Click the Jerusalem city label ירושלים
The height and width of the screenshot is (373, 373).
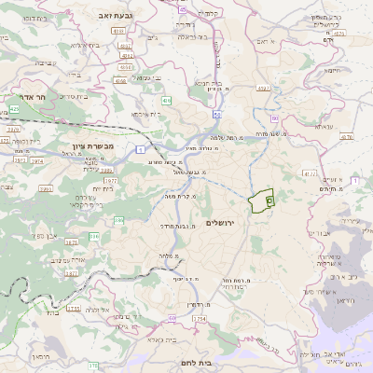click(246, 224)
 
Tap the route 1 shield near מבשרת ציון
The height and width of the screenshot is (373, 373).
click(141, 149)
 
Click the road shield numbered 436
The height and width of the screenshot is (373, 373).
click(167, 98)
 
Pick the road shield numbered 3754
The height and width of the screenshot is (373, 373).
click(199, 319)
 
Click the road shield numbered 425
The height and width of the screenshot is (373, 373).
click(14, 109)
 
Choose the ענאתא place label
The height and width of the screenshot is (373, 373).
click(325, 126)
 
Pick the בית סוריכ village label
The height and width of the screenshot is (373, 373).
click(42, 62)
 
